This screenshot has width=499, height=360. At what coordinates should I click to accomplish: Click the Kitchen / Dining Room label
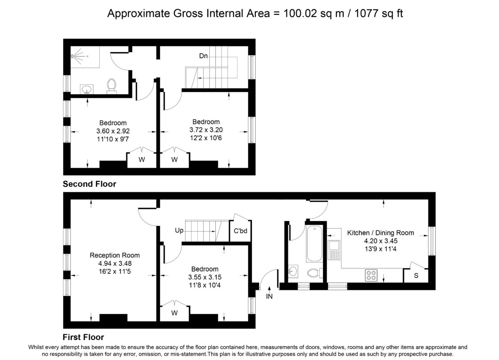tap(380, 233)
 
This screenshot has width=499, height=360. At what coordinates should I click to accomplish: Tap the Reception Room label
tap(115, 255)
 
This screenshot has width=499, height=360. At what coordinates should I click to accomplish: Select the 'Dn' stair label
tap(203, 56)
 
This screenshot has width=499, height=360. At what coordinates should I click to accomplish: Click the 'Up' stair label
tap(179, 230)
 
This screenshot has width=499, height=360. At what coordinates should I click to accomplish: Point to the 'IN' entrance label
tap(269, 296)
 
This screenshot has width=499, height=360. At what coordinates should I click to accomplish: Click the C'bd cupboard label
tap(241, 231)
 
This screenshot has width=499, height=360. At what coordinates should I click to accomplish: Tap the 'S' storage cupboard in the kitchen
tap(416, 275)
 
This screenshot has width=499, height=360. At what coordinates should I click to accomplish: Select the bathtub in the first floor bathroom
tap(314, 244)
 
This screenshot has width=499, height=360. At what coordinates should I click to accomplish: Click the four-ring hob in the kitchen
tap(371, 275)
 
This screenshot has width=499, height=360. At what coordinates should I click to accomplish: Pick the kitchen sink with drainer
tap(334, 250)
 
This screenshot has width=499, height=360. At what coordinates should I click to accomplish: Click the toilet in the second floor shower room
tap(111, 86)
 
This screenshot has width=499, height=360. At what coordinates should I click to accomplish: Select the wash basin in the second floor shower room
tap(87, 90)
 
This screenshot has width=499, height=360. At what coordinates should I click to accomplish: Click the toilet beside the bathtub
tap(315, 273)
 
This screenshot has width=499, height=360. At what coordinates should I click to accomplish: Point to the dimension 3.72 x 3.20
tap(206, 130)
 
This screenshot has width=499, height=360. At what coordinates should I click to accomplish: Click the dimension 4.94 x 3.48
tap(115, 263)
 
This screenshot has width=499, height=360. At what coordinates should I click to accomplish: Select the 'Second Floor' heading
tap(90, 184)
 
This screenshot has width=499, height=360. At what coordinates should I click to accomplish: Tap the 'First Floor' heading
tap(83, 337)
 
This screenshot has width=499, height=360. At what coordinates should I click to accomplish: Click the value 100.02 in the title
tap(300, 13)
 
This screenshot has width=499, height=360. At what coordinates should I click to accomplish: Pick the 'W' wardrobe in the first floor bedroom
tap(175, 313)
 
